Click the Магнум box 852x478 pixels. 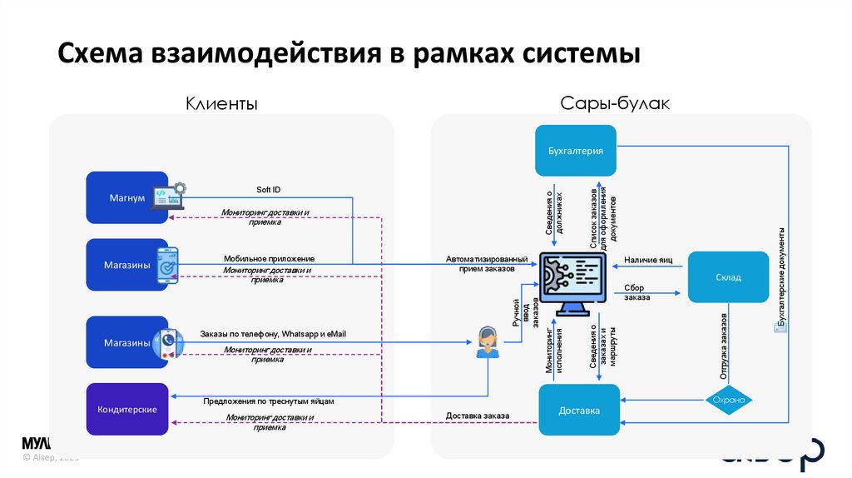point(127,198)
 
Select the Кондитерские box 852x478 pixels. point(127,409)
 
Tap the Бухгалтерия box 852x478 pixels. point(575,151)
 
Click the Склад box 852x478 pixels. point(727,277)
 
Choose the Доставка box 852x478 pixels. point(578,411)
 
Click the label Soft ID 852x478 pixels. point(268,190)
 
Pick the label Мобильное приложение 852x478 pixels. point(269,258)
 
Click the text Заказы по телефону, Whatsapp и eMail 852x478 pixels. point(272,334)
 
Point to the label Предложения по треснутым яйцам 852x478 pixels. point(268,401)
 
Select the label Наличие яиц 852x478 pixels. point(648,260)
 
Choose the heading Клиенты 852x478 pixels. point(220,103)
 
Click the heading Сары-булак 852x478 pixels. point(615,103)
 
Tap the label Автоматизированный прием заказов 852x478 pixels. point(486,264)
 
